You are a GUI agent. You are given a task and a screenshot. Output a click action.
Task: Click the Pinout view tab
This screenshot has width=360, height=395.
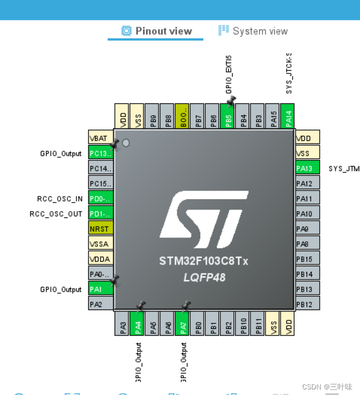coord(157,31)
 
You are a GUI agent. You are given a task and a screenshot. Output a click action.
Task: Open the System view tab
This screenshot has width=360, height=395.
coord(253,31)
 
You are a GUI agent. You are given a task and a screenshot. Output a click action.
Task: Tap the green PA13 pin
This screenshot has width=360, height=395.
coord(307,168)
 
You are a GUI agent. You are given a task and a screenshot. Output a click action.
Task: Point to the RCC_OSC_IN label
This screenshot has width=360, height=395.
coord(60,199)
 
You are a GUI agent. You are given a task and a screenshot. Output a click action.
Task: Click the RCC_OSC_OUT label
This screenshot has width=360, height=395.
coord(56,214)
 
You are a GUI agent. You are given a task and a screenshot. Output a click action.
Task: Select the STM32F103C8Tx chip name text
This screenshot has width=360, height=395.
coord(204,261)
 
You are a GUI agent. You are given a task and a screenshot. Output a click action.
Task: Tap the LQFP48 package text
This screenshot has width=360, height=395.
coord(204,277)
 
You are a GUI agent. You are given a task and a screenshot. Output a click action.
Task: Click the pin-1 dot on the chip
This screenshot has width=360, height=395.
coord(126,143)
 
